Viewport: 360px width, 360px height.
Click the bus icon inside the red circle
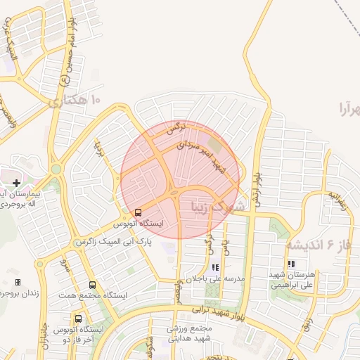(137, 211)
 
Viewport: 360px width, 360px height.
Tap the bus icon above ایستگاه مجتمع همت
(92, 285)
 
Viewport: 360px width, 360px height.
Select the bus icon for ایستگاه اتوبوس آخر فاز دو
(77, 319)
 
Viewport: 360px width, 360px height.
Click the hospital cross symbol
(16, 183)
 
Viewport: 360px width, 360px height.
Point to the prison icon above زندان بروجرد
(18, 282)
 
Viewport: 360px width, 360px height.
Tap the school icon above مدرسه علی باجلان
(215, 267)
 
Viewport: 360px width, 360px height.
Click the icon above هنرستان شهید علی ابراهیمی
(290, 264)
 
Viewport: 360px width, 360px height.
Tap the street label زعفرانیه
(338, 201)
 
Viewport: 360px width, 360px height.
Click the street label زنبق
(307, 323)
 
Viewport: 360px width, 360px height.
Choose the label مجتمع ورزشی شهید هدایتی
(190, 333)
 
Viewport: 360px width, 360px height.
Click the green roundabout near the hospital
(56, 169)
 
